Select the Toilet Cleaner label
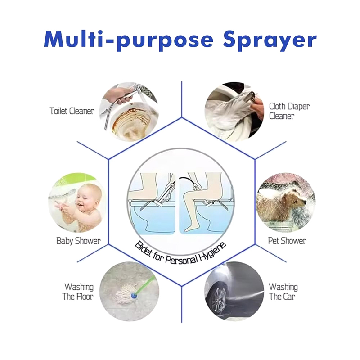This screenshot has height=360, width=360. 72,111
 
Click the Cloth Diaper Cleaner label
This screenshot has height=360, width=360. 289,111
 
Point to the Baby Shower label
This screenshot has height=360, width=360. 78,241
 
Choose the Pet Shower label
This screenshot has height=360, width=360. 287,241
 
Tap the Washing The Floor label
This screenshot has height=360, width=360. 78,292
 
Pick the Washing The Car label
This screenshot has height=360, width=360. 283,292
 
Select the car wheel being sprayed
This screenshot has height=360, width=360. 218,299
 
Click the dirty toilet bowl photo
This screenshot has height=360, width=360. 129,112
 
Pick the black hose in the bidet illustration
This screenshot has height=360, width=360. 186,178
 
